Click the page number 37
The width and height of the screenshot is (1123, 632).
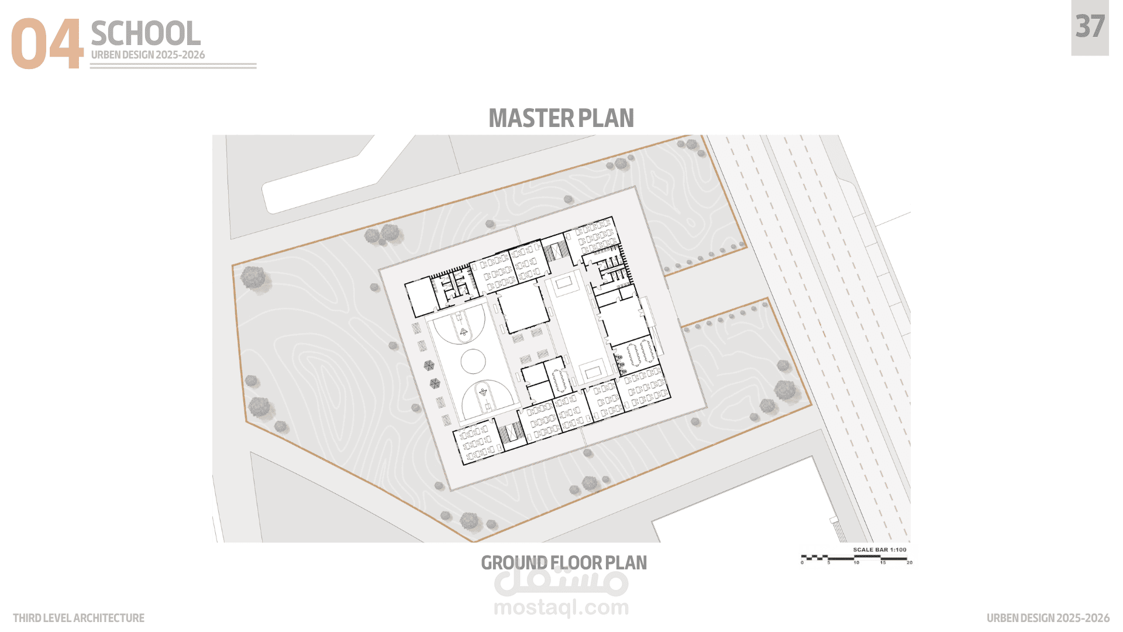tap(1090, 27)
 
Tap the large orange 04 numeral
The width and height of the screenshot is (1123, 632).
tap(47, 44)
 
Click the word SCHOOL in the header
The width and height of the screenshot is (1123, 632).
tap(146, 33)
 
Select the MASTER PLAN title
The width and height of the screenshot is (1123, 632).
tap(561, 118)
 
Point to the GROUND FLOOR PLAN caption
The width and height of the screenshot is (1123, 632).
tap(564, 562)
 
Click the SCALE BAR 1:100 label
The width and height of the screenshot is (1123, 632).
tap(880, 549)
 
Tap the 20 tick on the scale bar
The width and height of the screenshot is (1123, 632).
tap(910, 563)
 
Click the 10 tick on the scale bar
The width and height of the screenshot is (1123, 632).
tap(856, 563)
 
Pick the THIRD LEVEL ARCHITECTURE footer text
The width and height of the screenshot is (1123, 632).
tap(78, 618)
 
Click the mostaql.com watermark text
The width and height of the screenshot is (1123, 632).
tap(561, 608)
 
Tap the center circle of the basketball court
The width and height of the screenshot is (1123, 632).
tap(473, 362)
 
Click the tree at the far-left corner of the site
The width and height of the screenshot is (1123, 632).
tap(253, 277)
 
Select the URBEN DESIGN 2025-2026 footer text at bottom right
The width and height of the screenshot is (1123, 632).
tap(1048, 618)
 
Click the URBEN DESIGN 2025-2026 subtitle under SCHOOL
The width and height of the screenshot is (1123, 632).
tap(148, 55)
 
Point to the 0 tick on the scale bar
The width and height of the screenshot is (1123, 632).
tap(802, 563)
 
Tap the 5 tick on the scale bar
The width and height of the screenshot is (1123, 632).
tap(829, 563)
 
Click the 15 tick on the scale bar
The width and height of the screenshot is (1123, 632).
tap(883, 563)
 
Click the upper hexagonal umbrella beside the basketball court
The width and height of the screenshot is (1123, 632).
tap(429, 366)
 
